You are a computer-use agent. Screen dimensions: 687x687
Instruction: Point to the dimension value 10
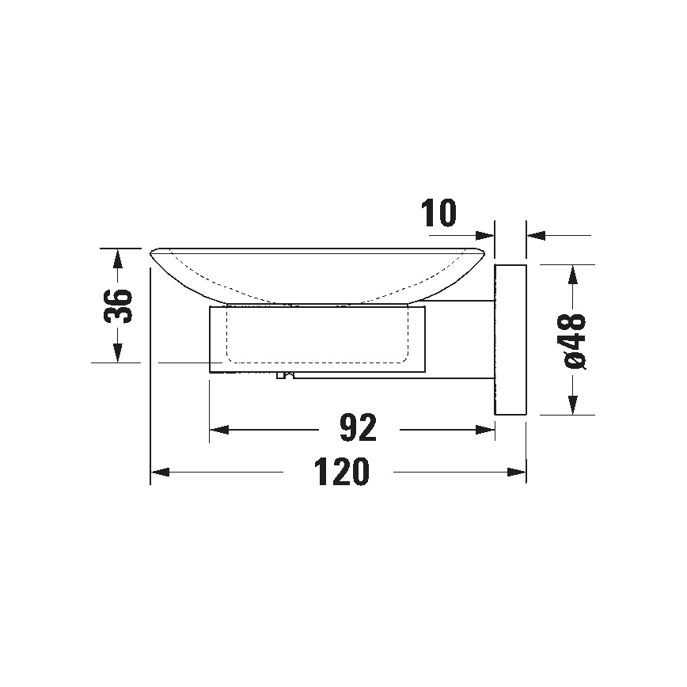pos(439,214)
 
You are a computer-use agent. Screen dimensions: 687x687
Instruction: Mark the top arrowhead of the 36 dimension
pos(117,259)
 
